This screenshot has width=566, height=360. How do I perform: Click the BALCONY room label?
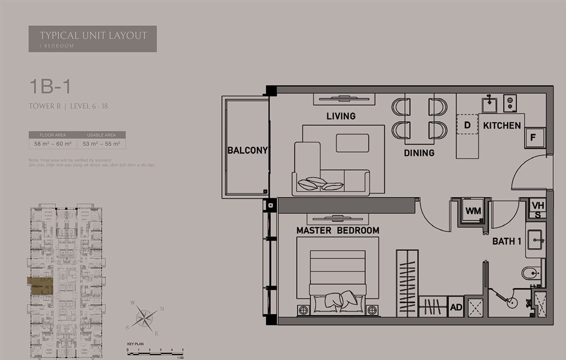click(x=247, y=150)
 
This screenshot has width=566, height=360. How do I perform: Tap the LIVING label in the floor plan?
click(x=341, y=116)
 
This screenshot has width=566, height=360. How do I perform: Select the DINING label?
click(x=419, y=153)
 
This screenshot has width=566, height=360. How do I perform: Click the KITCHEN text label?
click(x=502, y=125)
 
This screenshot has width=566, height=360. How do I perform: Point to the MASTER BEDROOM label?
click(x=338, y=231)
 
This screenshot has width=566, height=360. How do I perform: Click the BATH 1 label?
click(x=506, y=241)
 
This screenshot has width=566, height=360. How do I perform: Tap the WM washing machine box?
click(x=473, y=211)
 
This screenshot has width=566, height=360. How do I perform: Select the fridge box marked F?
click(x=534, y=138)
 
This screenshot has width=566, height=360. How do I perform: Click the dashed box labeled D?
click(x=467, y=125)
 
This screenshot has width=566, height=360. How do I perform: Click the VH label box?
click(x=538, y=205)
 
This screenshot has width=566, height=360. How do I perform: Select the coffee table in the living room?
click(x=352, y=143)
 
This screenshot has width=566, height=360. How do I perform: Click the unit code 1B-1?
click(x=49, y=87)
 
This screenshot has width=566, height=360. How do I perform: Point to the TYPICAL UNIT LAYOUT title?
click(x=93, y=36)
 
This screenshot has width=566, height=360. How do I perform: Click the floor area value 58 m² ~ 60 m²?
click(x=53, y=143)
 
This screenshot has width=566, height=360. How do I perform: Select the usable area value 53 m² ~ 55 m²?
click(x=101, y=143)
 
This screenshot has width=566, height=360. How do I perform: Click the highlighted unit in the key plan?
click(x=40, y=285)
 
